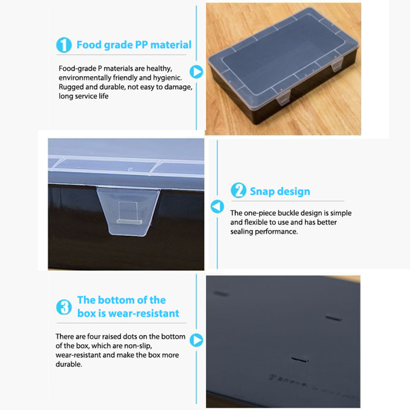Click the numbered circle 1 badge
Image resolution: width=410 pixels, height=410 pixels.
click(64, 45)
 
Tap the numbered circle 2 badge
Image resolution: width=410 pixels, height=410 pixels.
click(238, 190)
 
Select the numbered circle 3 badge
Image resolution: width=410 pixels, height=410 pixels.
click(64, 307)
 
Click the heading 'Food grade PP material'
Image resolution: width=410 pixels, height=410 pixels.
click(134, 45)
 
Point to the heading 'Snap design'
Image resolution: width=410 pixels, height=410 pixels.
click(280, 191)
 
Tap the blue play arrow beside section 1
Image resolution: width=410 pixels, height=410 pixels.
click(196, 72)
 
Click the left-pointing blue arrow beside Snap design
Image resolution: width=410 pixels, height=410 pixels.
click(217, 207)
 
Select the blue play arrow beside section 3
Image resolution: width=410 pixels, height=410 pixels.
click(196, 340)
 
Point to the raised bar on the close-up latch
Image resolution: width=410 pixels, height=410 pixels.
click(129, 222)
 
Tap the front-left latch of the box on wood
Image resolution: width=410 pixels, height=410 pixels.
click(284, 97)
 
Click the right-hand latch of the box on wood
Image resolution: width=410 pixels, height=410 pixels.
click(337, 65)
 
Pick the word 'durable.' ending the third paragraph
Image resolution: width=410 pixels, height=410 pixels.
click(69, 364)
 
